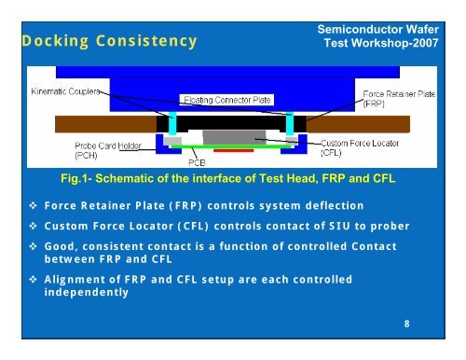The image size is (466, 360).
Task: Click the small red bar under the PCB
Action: [x=238, y=147]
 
